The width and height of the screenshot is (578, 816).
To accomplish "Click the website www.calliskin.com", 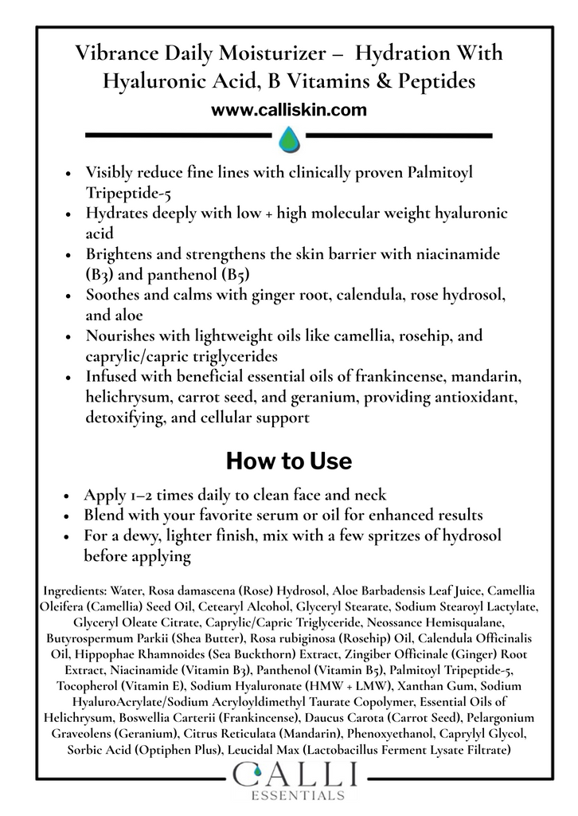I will pos(288,109).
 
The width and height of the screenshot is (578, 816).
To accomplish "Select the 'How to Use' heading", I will pos(288,461).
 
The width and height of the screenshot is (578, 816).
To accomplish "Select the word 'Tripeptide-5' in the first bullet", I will pos(127,192).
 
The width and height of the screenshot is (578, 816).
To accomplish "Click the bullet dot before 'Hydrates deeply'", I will pos(71,214).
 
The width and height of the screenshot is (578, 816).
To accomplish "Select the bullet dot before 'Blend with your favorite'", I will pos(71,515).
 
